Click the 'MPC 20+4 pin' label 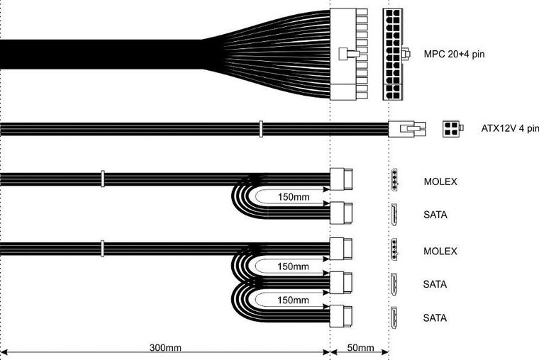coord(458,54)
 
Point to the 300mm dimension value coord(165,348)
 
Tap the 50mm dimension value coord(360,348)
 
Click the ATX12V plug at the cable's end coord(406,129)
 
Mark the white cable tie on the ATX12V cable coord(261,129)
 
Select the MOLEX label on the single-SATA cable coord(440,181)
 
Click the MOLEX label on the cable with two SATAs coord(440,251)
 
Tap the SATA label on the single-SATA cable coord(435,214)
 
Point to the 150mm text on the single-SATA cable coord(293,196)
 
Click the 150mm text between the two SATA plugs coord(293,300)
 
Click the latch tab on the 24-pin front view coord(406,55)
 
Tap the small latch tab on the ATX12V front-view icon coord(462,129)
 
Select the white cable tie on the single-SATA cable coord(103,178)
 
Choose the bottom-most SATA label coord(435,317)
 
